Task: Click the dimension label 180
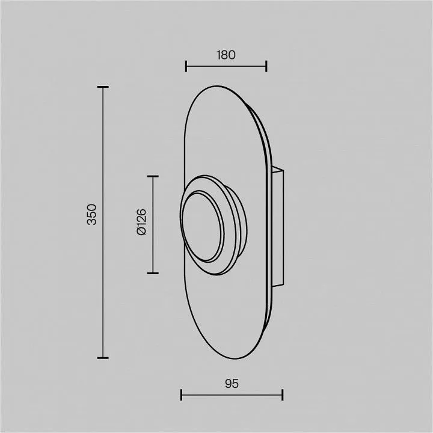[226, 55]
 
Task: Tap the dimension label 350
[92, 215]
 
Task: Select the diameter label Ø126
[141, 222]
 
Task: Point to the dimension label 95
[232, 384]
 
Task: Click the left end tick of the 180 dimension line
[186, 66]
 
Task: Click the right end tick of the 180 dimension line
[266, 66]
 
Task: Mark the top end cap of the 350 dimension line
[103, 87]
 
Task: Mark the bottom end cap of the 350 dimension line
[103, 358]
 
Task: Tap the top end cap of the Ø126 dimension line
[153, 176]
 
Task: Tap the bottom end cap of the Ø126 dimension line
[153, 273]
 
